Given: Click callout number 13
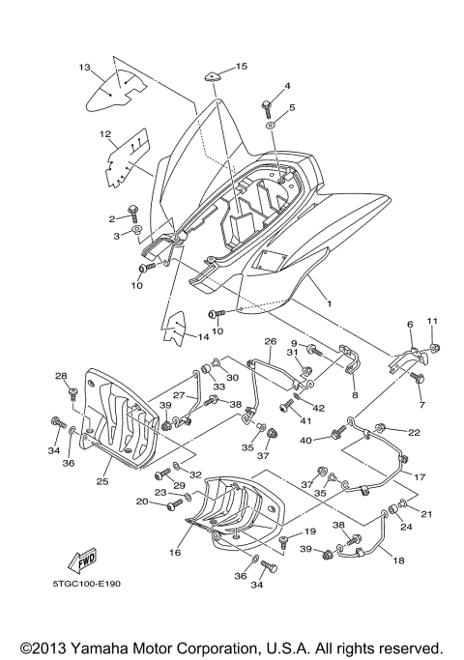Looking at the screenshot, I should tap(84, 67).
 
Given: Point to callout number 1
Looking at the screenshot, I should tap(329, 302).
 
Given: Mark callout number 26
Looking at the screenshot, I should tap(271, 341).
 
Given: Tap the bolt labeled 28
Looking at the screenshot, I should tap(72, 391).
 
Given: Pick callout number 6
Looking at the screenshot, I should tap(409, 325).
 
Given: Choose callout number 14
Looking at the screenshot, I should tap(204, 336).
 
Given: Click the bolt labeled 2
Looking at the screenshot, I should tap(134, 210).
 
